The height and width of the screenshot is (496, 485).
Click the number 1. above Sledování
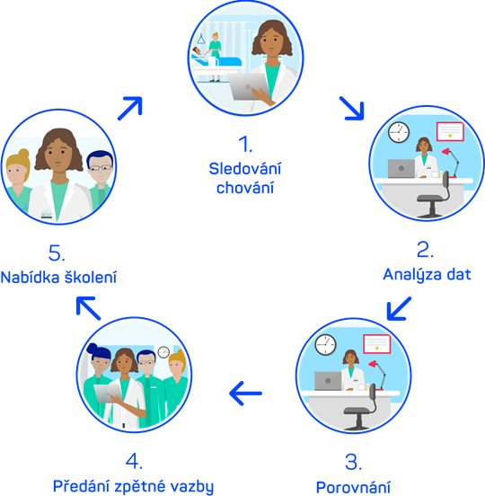coord(245,144)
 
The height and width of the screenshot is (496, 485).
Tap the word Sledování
coord(244,168)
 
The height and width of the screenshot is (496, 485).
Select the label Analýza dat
coord(427,275)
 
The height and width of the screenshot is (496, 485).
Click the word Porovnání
coord(353,487)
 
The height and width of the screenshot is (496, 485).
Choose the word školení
coord(91,277)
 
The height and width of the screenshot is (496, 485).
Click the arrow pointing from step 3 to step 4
coord(246,394)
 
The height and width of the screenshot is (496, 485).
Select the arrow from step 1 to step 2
coord(352,109)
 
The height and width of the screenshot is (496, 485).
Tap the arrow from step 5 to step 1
coord(130,108)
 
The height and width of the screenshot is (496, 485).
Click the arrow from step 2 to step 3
coord(399,308)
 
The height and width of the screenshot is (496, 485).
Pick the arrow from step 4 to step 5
coord(89,308)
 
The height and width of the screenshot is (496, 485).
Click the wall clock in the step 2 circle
coord(399,132)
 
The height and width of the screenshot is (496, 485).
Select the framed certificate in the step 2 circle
coord(450,131)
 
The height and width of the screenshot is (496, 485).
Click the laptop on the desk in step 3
coord(328,381)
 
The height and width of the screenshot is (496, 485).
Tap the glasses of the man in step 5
coord(101,168)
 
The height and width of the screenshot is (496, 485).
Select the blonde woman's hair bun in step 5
coord(23,154)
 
